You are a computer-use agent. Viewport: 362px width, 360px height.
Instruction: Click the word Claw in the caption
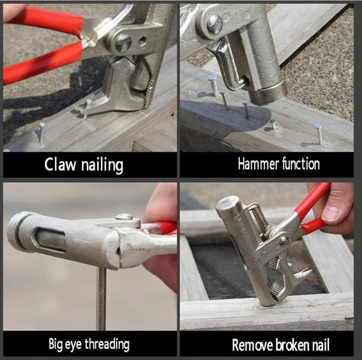60,164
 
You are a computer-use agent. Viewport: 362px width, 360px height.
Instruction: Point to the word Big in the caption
55,344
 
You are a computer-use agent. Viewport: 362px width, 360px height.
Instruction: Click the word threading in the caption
107,344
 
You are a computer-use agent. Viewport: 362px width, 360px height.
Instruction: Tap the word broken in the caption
293,345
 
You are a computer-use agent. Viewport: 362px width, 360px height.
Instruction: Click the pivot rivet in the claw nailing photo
123,43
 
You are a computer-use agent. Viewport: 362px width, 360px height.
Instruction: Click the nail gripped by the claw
86,109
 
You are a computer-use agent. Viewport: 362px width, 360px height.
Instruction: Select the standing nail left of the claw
42,134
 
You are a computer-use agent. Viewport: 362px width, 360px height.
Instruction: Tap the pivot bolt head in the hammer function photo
215,24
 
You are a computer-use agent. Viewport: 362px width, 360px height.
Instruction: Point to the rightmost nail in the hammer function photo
319,134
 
